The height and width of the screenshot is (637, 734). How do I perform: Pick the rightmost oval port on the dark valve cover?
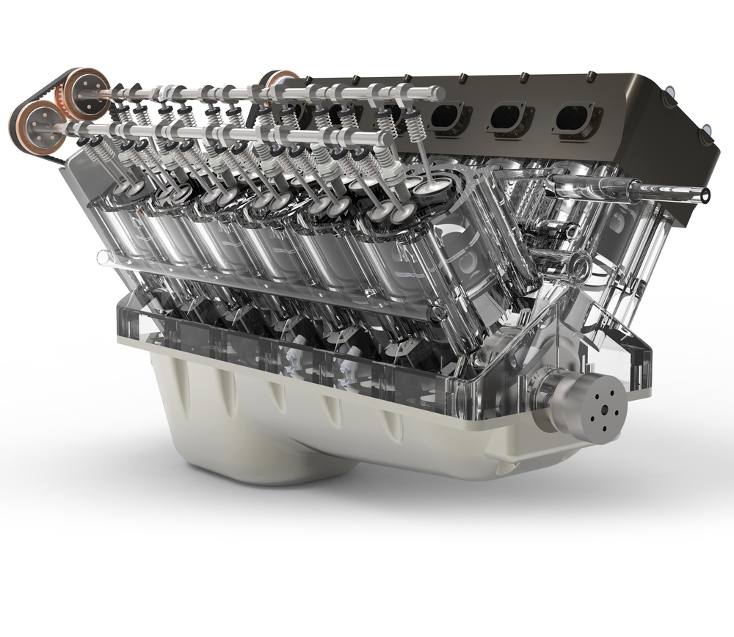(574, 118)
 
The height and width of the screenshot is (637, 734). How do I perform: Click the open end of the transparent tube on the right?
(705, 195)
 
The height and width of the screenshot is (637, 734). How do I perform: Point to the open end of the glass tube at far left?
(102, 258)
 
